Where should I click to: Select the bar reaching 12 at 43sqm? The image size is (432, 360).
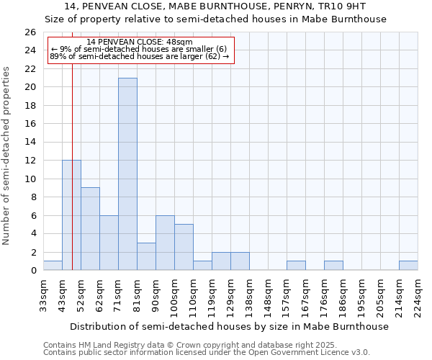tap(71, 215)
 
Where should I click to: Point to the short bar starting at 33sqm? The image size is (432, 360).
tap(53, 266)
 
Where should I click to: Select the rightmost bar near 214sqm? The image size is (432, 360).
tap(408, 266)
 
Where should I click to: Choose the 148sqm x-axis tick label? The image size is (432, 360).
tap(268, 295)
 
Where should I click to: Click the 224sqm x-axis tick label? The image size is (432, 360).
tap(418, 295)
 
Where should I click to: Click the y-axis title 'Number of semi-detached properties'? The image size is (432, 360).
tap(7, 156)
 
